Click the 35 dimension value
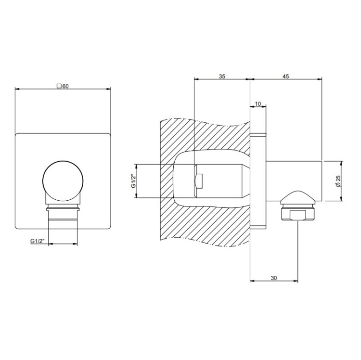222,76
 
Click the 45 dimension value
285,76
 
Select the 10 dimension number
258,104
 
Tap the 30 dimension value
274,278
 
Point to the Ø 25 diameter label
338,181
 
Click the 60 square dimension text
65,86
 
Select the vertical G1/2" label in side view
133,181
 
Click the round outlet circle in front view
63,180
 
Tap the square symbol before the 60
59,86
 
